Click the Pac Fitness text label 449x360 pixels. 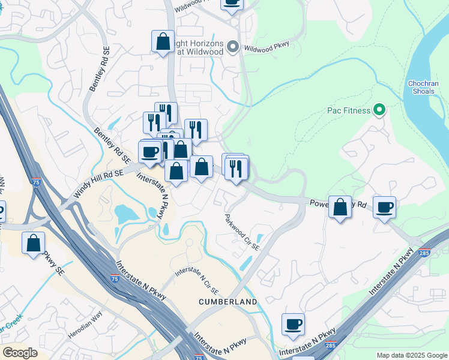click(x=349, y=110)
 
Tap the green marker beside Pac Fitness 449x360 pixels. click(x=379, y=110)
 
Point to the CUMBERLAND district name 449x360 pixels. click(x=228, y=301)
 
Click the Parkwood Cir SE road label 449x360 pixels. click(x=243, y=232)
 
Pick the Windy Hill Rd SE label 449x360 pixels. click(x=98, y=184)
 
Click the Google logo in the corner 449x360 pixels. click(x=20, y=353)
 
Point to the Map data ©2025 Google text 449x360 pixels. click(x=412, y=355)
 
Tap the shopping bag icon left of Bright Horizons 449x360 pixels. click(x=163, y=42)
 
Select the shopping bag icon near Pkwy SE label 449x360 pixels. click(x=33, y=243)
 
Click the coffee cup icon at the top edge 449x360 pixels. click(x=232, y=3)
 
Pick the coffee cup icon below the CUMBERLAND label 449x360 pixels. click(x=293, y=325)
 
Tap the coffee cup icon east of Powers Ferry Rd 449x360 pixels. click(x=384, y=208)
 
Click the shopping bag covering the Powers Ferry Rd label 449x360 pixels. click(x=340, y=207)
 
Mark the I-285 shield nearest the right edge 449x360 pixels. click(x=424, y=253)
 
